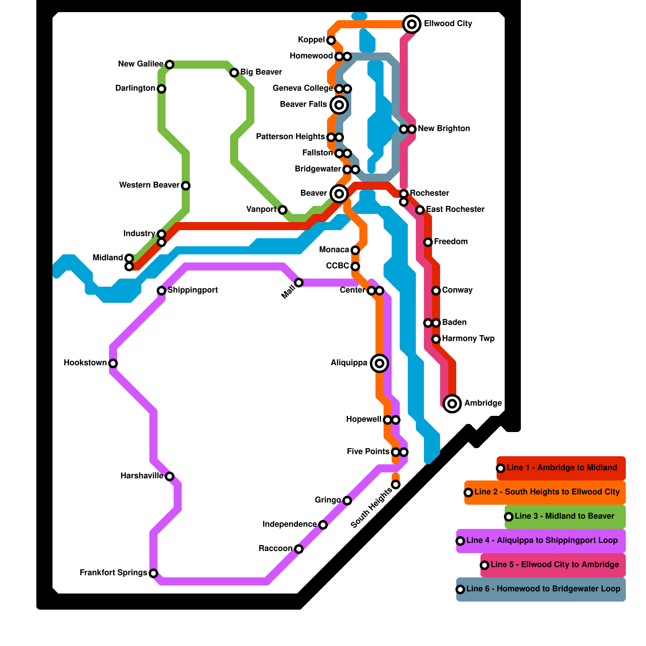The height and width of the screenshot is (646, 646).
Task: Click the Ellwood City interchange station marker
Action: (412, 24)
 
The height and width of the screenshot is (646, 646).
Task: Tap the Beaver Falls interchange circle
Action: (339, 105)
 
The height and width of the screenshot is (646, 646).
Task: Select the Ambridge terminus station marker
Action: (452, 403)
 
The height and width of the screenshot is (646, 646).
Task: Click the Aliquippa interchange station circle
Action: (379, 363)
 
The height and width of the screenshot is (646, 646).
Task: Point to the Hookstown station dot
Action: (113, 363)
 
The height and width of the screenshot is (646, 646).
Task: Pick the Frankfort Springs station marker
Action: (153, 573)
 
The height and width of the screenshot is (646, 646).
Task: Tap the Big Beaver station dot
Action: (234, 73)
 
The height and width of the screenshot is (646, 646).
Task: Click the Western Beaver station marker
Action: (186, 186)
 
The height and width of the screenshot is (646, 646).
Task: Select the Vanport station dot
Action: (283, 210)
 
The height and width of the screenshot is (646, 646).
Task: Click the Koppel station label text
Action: (311, 40)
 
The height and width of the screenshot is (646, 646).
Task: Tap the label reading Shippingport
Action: (193, 290)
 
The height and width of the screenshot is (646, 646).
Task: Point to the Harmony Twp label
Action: (468, 338)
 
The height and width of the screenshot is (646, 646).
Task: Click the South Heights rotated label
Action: (371, 508)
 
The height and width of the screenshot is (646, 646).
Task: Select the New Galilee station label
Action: (141, 64)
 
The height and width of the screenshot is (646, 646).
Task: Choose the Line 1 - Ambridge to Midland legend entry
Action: (561, 468)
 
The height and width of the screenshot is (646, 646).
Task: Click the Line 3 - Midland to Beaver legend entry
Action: (564, 516)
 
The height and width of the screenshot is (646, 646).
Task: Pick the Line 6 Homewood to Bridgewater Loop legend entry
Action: (543, 589)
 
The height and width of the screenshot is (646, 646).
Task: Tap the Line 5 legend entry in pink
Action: (554, 565)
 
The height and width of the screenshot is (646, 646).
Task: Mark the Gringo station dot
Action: (347, 501)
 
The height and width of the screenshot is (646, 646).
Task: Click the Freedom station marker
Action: (428, 242)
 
